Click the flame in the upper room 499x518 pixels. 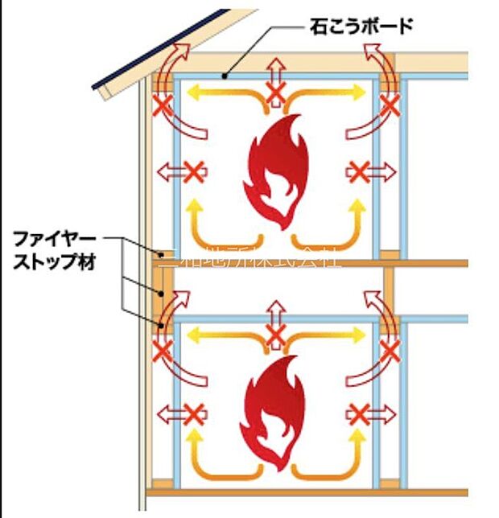[275, 171]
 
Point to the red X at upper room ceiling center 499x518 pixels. [276, 95]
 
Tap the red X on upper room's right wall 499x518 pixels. [359, 171]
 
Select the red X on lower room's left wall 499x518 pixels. [194, 413]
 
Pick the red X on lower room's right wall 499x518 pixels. [359, 413]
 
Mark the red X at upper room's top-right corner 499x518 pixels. [390, 106]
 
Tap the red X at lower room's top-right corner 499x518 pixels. [390, 350]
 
